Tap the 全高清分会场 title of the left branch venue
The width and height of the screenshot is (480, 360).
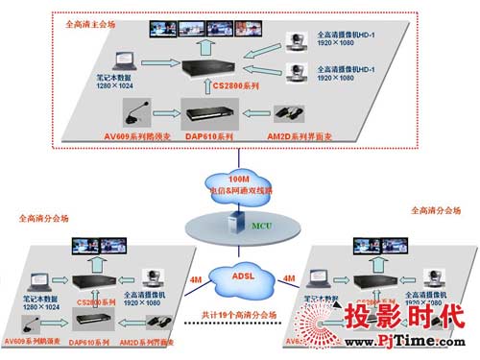tap(43, 219)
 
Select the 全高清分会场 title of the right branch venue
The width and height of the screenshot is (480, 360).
tap(435, 210)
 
